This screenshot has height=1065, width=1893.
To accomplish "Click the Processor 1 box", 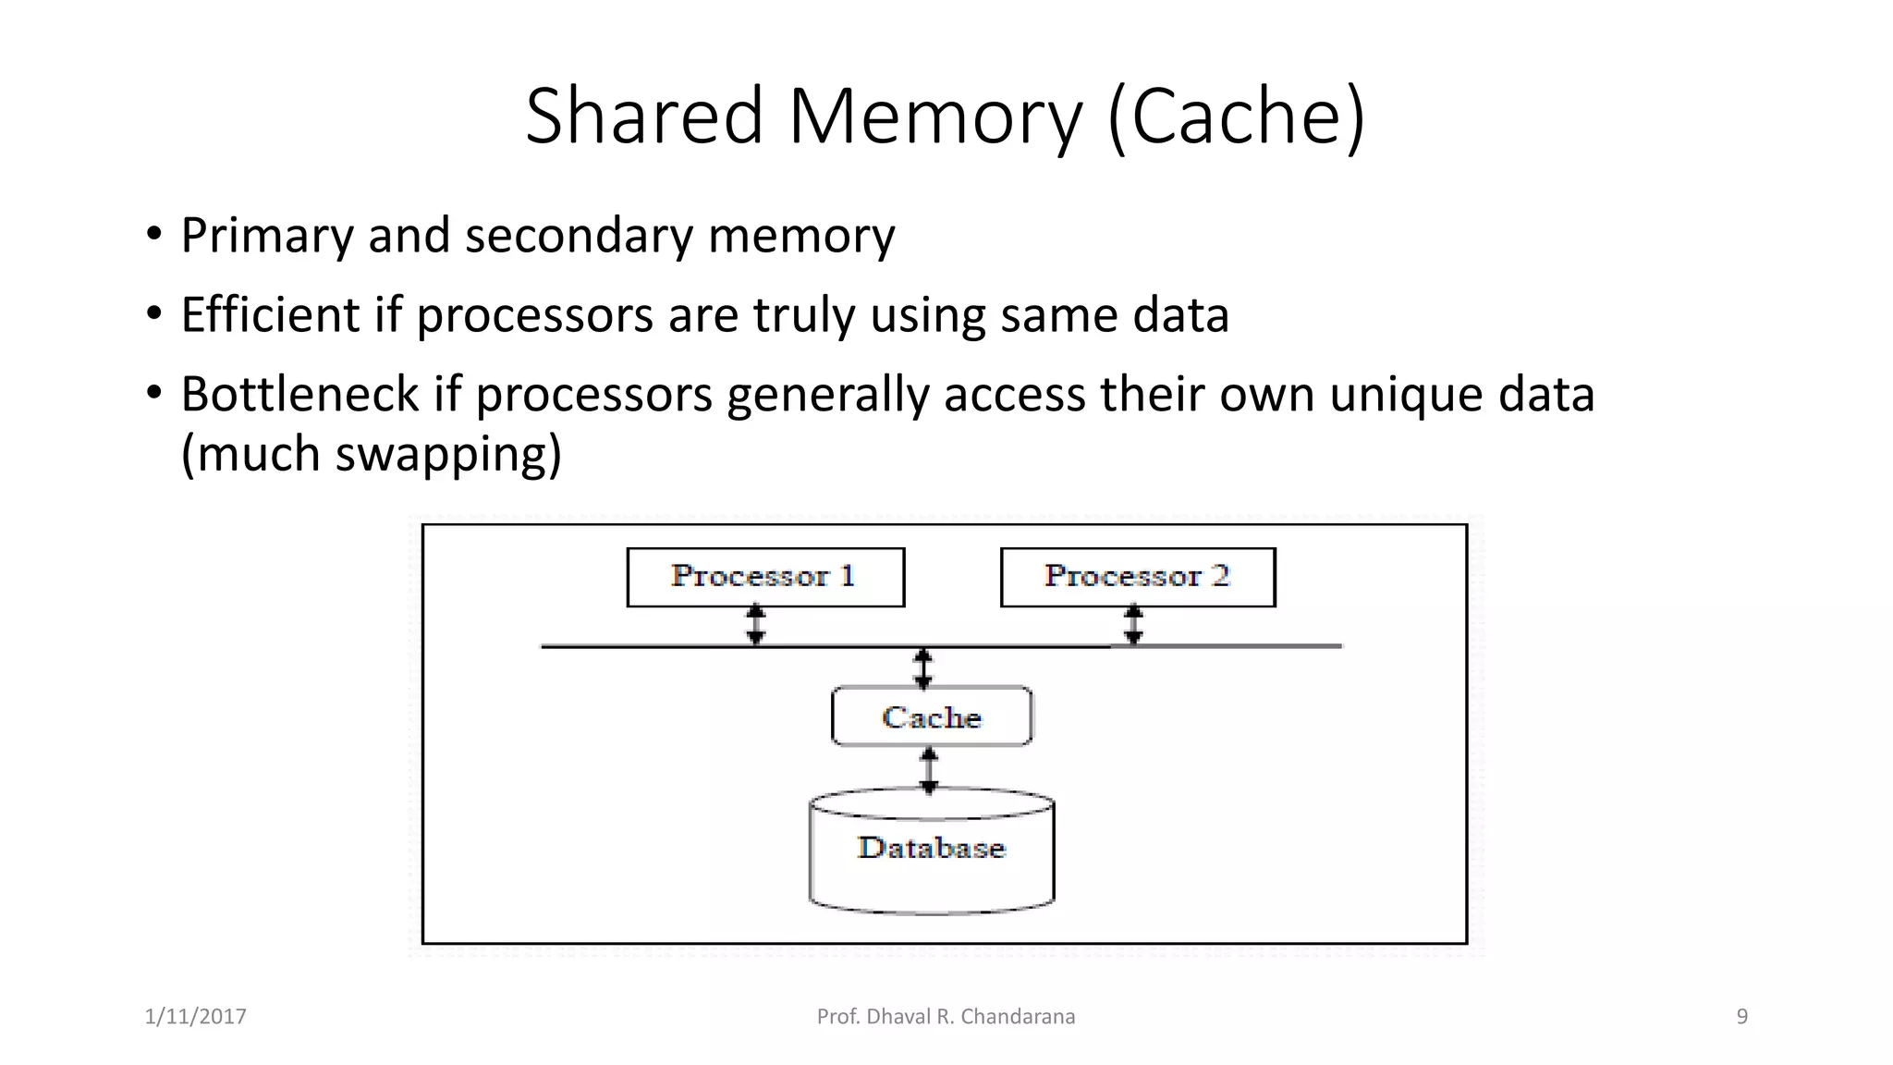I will coord(765,577).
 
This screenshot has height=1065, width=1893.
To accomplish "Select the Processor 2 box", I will coord(1138,577).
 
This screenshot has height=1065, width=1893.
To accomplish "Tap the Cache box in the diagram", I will coord(932,716).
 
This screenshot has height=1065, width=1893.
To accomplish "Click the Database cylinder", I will coord(932,851).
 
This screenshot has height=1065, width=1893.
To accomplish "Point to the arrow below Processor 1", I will coord(756,625).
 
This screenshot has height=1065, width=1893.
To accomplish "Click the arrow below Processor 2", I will coord(1134,625).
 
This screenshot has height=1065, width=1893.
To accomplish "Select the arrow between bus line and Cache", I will coord(922,667).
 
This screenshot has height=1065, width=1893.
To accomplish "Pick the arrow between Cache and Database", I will coord(929,769).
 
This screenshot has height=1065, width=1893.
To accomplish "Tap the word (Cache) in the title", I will coord(1236,116).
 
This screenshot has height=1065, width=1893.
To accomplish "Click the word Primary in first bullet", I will coord(267,236).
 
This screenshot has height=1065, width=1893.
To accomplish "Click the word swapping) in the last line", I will coord(448,454).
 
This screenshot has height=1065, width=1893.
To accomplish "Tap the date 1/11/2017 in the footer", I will coord(196,1017).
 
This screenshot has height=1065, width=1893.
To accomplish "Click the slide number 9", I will coord(1742,1017).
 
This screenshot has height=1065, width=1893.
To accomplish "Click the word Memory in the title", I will coord(934,116).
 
